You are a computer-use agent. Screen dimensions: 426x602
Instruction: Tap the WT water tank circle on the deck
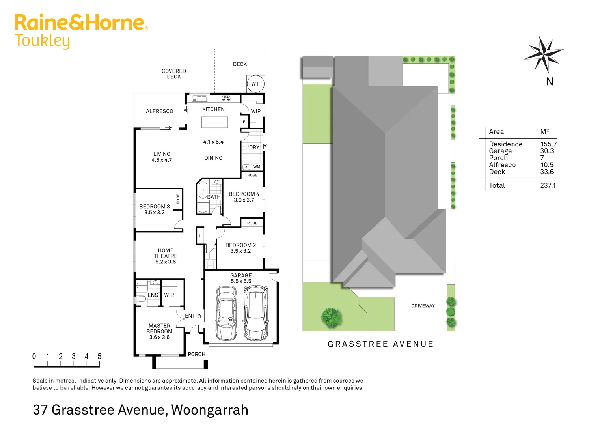[255, 84]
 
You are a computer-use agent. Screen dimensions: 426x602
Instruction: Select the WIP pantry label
[256, 111]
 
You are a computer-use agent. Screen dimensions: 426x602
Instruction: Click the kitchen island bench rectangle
[214, 122]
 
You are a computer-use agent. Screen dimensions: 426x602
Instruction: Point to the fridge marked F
[244, 122]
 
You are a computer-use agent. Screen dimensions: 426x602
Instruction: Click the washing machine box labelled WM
[257, 167]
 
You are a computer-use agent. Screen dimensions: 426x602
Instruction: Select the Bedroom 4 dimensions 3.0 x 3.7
[244, 200]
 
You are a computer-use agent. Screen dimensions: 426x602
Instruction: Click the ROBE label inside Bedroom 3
[178, 199]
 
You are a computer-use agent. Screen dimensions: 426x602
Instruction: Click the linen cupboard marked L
[200, 236]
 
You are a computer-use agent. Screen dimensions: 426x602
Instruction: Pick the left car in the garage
[226, 314]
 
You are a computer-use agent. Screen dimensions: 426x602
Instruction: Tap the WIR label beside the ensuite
[169, 295]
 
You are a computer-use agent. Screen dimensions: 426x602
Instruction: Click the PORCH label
[196, 354]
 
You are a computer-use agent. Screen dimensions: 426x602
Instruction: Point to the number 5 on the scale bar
[99, 357]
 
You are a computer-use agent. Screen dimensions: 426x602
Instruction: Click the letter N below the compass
[550, 82]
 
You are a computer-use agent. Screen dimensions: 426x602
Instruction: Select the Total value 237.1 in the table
[548, 185]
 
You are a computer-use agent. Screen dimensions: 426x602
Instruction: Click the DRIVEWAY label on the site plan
[423, 306]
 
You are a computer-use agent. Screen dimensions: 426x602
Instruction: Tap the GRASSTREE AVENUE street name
[380, 344]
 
